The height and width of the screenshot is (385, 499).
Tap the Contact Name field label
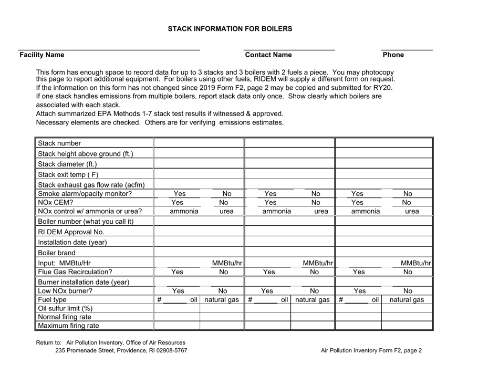point(268,55)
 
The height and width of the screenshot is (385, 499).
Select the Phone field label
point(393,55)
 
